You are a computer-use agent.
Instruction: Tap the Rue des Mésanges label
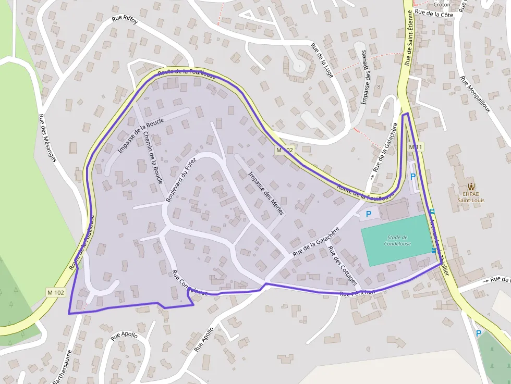pyautogui.click(x=47, y=138)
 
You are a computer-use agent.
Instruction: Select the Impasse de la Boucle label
pyautogui.click(x=141, y=135)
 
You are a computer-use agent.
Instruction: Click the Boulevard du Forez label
pyautogui.click(x=181, y=180)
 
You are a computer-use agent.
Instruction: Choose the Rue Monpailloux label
pyautogui.click(x=475, y=94)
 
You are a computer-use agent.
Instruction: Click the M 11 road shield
pyautogui.click(x=416, y=147)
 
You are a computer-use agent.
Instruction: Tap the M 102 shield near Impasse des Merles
pyautogui.click(x=285, y=150)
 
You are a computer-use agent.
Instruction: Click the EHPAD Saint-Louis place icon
pyautogui.click(x=471, y=187)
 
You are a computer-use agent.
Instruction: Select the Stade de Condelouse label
pyautogui.click(x=397, y=240)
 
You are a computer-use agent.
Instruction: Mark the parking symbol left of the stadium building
pyautogui.click(x=369, y=214)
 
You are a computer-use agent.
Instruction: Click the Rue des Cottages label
pyautogui.click(x=342, y=266)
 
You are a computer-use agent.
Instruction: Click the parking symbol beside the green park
pyautogui.click(x=478, y=333)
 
